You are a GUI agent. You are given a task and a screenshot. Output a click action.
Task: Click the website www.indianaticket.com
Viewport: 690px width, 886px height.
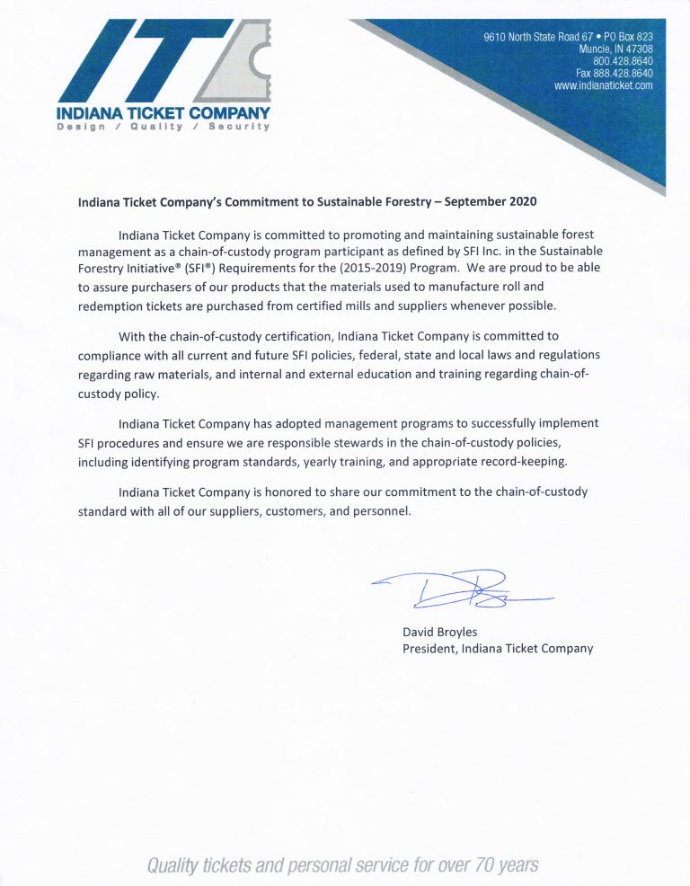(x=603, y=85)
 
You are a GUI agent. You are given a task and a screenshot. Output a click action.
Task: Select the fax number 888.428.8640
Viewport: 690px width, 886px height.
(x=621, y=73)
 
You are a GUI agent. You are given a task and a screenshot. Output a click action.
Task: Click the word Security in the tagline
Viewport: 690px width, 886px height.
(x=239, y=127)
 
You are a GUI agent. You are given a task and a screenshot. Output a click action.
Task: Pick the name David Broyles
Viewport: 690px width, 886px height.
(x=440, y=633)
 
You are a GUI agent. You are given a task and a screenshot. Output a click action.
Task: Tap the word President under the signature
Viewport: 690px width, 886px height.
(x=429, y=649)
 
